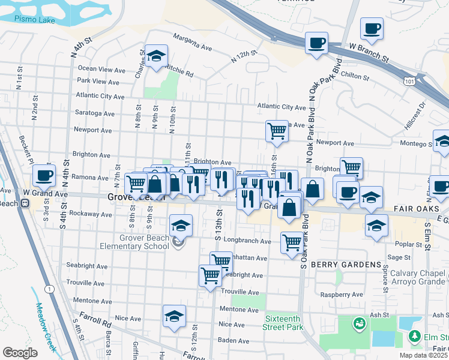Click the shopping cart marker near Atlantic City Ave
coord(276,130)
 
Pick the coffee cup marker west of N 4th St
coord(44,176)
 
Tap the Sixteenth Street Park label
coord(283,323)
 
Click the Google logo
coord(20,353)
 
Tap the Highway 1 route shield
coord(49,289)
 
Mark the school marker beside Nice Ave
coord(174,317)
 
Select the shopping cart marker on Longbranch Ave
coord(291,243)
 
